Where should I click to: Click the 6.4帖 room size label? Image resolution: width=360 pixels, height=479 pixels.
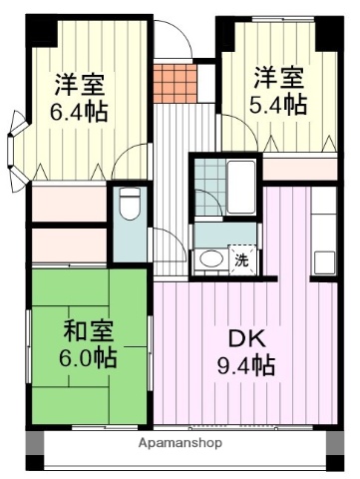coord(79,112)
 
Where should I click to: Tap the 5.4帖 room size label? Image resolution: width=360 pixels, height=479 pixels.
coord(277,104)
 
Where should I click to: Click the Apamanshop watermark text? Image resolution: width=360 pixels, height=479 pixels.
coord(180,441)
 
